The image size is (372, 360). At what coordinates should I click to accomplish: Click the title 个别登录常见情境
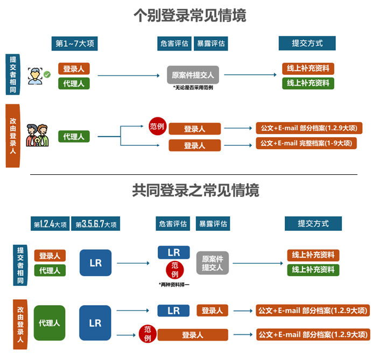click(189, 16)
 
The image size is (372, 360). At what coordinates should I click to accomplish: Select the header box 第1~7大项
click(75, 44)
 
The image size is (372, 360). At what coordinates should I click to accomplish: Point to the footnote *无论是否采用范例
click(193, 88)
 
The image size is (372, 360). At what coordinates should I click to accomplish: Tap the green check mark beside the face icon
click(47, 74)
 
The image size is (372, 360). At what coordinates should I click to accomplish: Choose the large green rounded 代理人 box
click(49, 323)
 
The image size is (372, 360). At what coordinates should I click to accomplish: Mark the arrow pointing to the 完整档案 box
click(237, 144)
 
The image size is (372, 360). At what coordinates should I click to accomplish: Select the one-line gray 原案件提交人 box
click(192, 75)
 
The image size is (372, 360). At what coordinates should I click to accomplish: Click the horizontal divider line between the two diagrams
click(193, 174)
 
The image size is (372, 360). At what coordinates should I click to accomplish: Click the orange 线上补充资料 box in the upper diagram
click(308, 69)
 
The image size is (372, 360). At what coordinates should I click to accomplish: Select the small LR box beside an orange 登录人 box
click(173, 310)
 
